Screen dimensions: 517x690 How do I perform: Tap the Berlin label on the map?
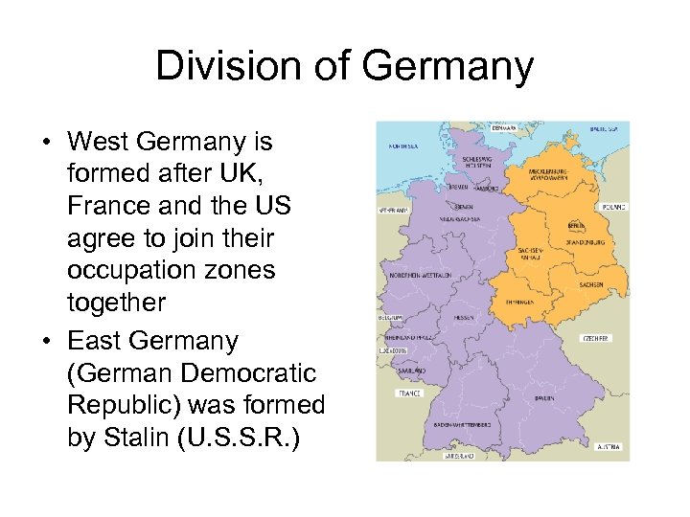point(576,226)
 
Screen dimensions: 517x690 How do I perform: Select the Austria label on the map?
point(609,446)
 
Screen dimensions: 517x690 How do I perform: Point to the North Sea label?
point(402,147)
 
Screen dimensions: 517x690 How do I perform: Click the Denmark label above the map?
point(503,126)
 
